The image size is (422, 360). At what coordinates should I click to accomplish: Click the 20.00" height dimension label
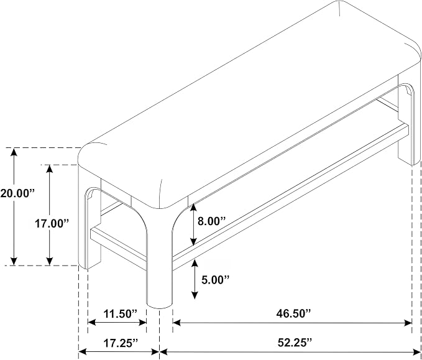[17, 193]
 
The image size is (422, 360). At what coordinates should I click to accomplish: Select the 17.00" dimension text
[52, 223]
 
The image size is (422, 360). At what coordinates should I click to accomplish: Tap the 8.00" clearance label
[211, 221]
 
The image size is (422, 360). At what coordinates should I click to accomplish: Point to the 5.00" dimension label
[215, 280]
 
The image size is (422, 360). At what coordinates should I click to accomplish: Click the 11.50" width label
[121, 314]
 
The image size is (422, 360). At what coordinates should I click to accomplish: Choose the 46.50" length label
[293, 313]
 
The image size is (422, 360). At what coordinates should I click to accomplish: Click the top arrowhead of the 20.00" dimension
[14, 152]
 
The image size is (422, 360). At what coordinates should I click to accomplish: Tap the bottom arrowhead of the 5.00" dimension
[195, 295]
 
